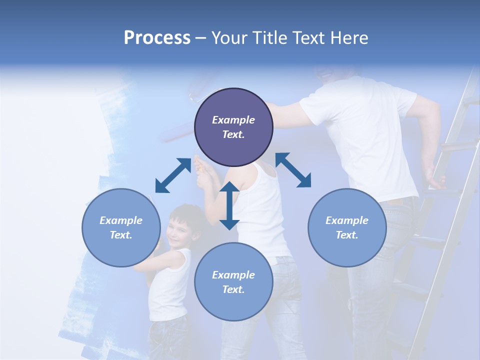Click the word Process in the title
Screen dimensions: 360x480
point(157,38)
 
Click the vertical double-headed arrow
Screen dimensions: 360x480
point(229,205)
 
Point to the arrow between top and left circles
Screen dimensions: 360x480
point(173,175)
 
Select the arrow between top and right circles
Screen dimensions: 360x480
point(293,170)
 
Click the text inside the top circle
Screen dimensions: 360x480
point(233,127)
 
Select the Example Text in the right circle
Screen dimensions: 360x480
point(347,227)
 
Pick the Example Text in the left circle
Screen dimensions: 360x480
point(121,227)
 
